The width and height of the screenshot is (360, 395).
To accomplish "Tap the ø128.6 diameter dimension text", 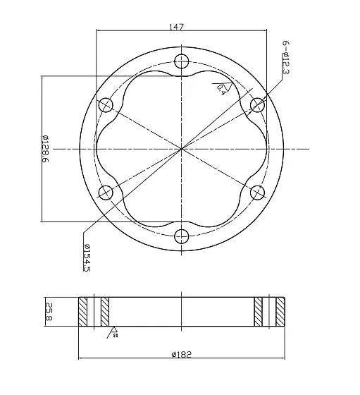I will (x=46, y=149).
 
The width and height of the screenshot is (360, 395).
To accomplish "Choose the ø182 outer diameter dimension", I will (x=181, y=355).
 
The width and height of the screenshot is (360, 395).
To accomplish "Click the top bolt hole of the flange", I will (x=182, y=61).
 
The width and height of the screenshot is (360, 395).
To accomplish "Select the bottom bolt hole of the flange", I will (x=182, y=236).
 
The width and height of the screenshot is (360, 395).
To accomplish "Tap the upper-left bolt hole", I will (x=106, y=104).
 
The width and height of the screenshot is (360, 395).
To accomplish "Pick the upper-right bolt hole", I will (x=258, y=104).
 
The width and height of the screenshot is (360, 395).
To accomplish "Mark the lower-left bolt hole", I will (x=106, y=192).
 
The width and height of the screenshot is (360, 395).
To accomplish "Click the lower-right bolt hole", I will (x=258, y=192).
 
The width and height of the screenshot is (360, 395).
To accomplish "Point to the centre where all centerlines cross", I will (x=182, y=148).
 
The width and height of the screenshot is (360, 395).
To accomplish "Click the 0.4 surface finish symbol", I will (x=220, y=87).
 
